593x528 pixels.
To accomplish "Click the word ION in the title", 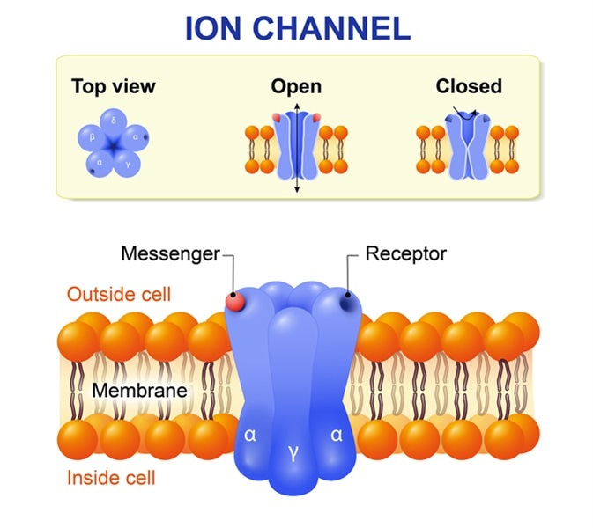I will [214, 29].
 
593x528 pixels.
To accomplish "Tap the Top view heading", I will [113, 86].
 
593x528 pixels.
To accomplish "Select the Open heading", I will [296, 86].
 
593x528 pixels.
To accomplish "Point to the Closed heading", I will [469, 86].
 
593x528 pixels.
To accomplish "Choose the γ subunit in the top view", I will [129, 161].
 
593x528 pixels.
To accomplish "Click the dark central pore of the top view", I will [113, 143].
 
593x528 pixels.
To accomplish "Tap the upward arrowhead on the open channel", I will [297, 107].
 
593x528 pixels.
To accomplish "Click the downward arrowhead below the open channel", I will [297, 187].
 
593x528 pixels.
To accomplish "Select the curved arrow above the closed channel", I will [465, 112].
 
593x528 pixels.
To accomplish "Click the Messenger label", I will [169, 254].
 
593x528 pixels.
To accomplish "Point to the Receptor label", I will [406, 254].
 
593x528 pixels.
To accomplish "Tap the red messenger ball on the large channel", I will [235, 302].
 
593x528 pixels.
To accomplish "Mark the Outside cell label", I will [119, 294].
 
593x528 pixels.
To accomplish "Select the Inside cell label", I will [111, 478].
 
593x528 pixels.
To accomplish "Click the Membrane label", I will [141, 388].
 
